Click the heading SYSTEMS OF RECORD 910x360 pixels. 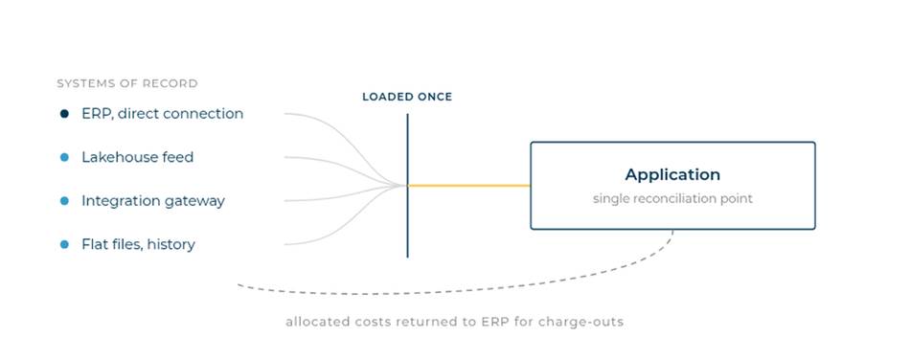click(x=127, y=83)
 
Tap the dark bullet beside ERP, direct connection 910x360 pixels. click(x=64, y=114)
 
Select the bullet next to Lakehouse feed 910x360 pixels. click(x=64, y=157)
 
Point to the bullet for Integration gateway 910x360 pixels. click(x=64, y=200)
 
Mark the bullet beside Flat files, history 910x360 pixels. click(x=64, y=244)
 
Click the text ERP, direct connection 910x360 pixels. click(x=163, y=114)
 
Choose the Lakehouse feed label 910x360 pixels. click(x=138, y=157)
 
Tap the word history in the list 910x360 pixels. click(x=171, y=245)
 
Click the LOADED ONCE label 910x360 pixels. click(x=407, y=97)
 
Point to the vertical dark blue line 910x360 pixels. click(x=407, y=186)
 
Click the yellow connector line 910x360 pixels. click(x=469, y=186)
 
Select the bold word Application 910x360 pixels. click(x=672, y=174)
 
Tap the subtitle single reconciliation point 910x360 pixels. click(x=672, y=199)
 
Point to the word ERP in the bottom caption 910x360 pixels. click(x=491, y=322)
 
